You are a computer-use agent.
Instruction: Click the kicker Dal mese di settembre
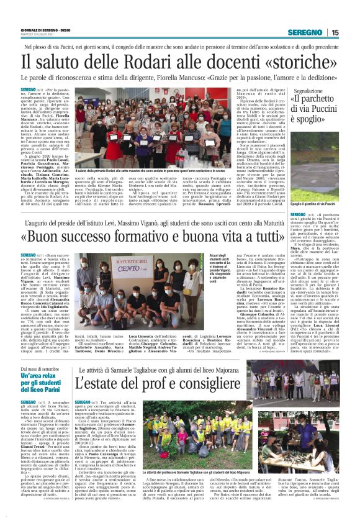(40, 370)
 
